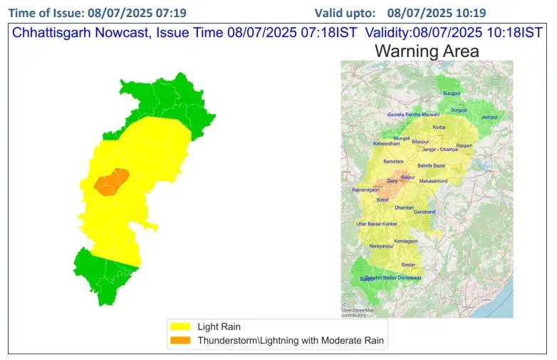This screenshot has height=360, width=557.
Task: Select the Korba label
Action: tap(439, 127)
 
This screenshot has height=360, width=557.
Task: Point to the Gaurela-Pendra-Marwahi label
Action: tap(413, 114)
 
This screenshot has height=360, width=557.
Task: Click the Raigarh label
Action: tap(464, 145)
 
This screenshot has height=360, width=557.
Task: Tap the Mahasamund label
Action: tap(433, 181)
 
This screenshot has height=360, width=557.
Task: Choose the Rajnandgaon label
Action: tap(367, 190)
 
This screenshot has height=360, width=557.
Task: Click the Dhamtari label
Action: tap(404, 207)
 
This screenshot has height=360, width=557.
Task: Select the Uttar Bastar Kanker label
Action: tap(376, 224)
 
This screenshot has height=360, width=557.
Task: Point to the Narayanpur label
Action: tap(381, 246)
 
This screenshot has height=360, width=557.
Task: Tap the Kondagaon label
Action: tap(406, 240)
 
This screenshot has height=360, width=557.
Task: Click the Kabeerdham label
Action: tap(387, 144)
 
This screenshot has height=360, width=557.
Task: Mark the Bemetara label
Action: tap(393, 162)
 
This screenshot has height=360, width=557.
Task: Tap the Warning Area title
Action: tap(427, 51)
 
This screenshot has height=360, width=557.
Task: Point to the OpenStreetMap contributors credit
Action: tap(358, 310)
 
